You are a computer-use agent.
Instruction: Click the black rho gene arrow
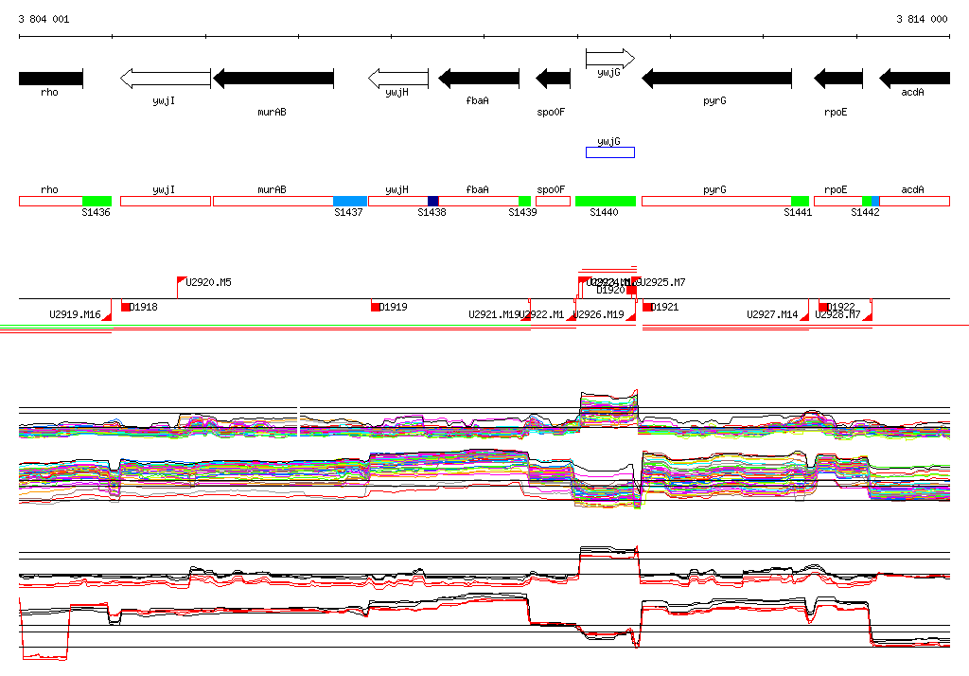(51, 78)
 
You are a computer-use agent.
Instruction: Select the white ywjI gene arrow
(165, 78)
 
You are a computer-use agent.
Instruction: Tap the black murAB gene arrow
(273, 78)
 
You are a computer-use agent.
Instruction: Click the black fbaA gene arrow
(479, 78)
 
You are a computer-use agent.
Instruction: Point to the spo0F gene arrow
(554, 78)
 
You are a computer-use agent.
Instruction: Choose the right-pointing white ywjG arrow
(609, 59)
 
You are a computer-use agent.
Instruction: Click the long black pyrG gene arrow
(717, 78)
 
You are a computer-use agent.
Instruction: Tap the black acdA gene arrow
(914, 78)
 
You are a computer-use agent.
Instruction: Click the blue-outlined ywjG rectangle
(610, 152)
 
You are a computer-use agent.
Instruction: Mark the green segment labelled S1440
(606, 201)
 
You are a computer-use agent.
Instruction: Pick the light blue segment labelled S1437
(350, 201)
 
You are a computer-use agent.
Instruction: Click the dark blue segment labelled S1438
(433, 201)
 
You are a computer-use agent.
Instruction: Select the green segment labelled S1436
(97, 201)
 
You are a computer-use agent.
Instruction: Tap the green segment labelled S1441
(801, 201)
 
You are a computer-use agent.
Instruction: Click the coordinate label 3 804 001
(44, 19)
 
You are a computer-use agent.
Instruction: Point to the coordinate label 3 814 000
(922, 19)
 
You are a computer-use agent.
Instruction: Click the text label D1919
(395, 307)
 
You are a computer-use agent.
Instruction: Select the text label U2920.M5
(209, 282)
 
